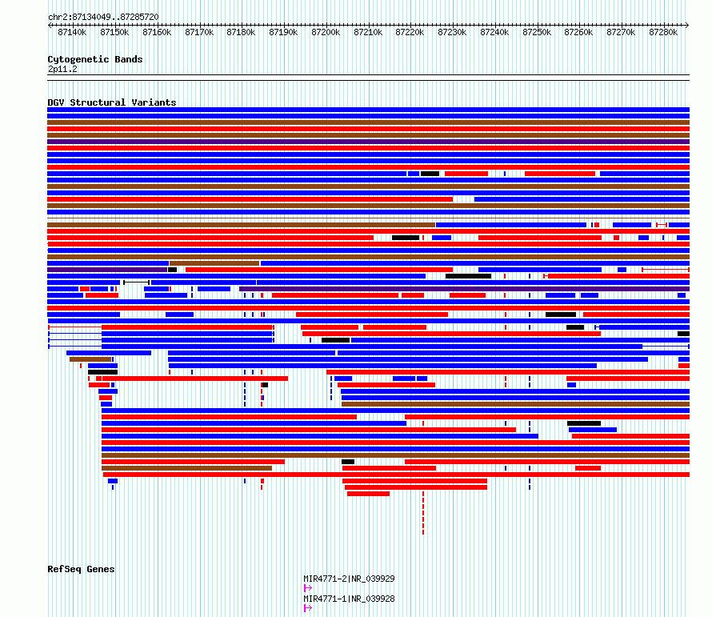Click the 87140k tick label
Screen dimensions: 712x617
pos(72,32)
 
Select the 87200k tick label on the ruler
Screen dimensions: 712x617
pos(326,32)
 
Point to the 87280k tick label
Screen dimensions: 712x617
pos(663,32)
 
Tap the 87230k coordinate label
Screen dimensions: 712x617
pos(452,32)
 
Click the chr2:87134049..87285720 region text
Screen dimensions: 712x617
pos(103,17)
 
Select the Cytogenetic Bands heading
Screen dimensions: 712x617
pos(95,59)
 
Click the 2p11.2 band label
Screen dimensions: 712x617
pos(62,69)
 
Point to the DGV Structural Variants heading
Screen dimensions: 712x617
pos(112,102)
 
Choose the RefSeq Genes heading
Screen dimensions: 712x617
pos(82,569)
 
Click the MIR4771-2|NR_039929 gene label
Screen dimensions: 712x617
pos(349,579)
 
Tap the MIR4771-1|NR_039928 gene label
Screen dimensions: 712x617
pos(349,599)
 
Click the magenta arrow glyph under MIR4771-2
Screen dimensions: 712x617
pos(308,588)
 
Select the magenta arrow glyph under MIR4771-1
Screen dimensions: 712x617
pos(308,608)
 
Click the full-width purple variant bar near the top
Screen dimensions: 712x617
pos(368,142)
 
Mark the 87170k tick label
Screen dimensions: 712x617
pos(199,32)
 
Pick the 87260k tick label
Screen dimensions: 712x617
pos(578,32)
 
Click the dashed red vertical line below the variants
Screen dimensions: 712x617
pos(423,512)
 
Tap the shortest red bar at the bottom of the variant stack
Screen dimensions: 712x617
pos(368,494)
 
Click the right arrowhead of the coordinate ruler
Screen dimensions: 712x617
pos(687,25)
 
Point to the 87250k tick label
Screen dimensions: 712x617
pos(537,32)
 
